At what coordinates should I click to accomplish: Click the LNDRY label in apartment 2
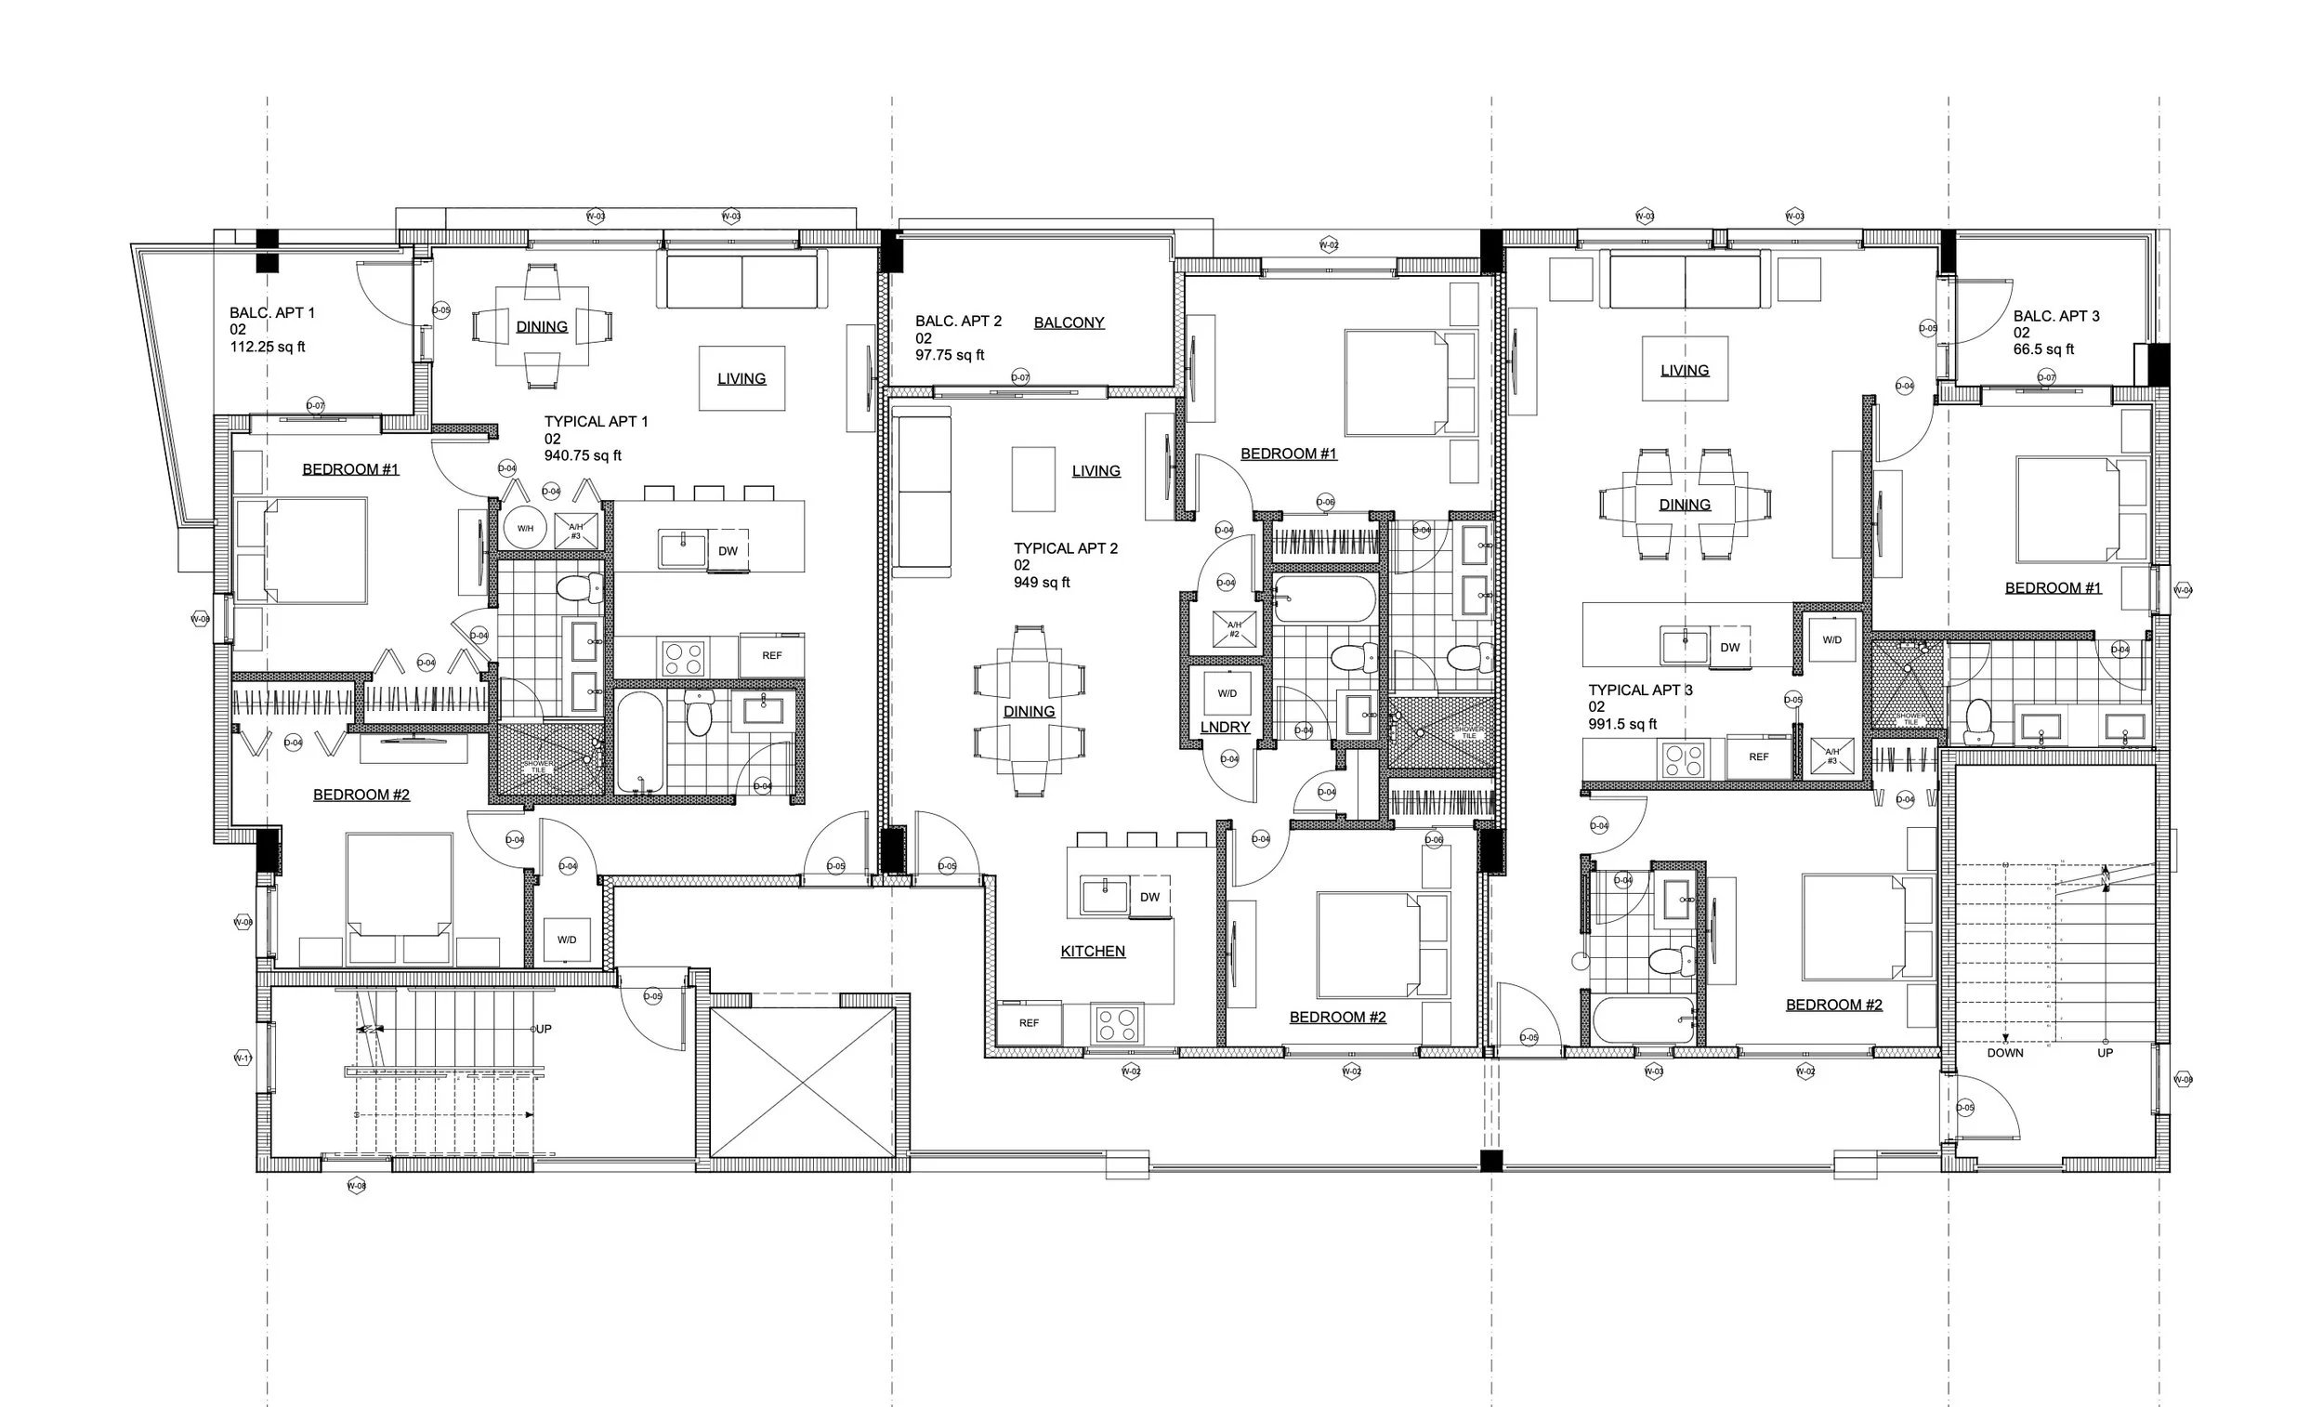click(1225, 727)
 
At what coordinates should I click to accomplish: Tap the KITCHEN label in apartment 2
click(1093, 952)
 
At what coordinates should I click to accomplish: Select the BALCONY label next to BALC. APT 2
click(1069, 322)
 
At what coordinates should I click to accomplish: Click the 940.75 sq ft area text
click(583, 455)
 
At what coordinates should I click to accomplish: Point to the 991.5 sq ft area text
click(1622, 724)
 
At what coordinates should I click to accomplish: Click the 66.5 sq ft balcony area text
click(2044, 348)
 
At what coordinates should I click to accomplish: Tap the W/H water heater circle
click(525, 528)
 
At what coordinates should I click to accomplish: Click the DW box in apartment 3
click(1730, 647)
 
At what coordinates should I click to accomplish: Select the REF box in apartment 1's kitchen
click(771, 655)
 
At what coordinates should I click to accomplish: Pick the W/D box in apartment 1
click(567, 940)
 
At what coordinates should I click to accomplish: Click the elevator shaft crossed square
click(801, 1083)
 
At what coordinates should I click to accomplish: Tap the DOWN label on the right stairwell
click(2004, 1052)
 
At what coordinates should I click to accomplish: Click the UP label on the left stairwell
click(544, 1029)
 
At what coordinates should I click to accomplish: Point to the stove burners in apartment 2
click(1116, 1024)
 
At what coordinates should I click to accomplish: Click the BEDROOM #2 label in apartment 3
click(1833, 1006)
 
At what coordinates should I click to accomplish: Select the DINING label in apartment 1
click(541, 327)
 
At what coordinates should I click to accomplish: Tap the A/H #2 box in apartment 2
click(1234, 629)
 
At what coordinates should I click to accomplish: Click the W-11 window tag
click(243, 1059)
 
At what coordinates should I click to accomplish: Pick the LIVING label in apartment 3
click(1684, 371)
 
